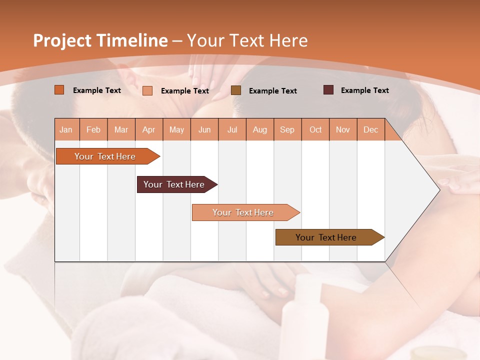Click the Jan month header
click(66, 129)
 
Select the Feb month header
click(93, 129)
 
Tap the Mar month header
click(121, 129)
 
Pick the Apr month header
click(149, 129)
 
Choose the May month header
click(176, 129)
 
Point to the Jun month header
click(204, 129)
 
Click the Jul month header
click(232, 129)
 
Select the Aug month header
click(260, 129)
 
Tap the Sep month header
click(287, 129)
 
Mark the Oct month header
click(315, 129)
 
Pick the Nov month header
click(343, 129)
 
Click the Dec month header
click(371, 129)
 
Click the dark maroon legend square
click(328, 90)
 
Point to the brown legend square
click(236, 90)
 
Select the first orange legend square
click(59, 90)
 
